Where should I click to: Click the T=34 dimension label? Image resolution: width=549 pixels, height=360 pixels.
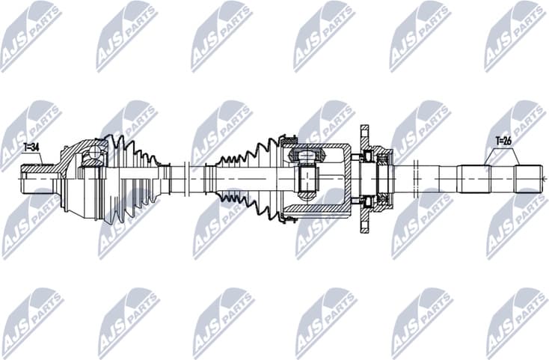[x=32, y=148]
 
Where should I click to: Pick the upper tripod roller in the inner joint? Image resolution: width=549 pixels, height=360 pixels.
[x=307, y=156]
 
